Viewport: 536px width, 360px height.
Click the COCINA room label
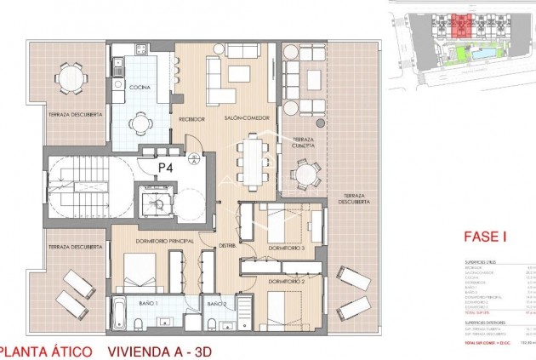(139, 87)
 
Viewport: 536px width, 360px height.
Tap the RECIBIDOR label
(191, 119)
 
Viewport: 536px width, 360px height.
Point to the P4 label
(166, 168)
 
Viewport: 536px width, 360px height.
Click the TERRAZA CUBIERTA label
(303, 144)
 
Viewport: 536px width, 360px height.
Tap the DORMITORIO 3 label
(286, 247)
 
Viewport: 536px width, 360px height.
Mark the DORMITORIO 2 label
(286, 280)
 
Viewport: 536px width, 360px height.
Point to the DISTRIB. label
(226, 246)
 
